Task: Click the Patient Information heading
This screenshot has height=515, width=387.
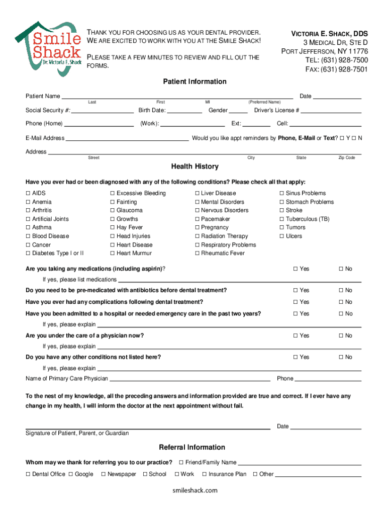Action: pos(195,81)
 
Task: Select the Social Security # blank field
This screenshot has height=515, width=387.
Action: pos(103,111)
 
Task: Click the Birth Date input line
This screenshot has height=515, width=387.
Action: pos(184,111)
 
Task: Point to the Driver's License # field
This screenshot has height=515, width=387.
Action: pos(331,111)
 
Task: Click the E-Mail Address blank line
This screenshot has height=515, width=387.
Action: pos(127,138)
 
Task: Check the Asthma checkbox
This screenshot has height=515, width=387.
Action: pos(28,227)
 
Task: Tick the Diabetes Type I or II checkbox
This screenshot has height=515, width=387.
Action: pos(28,253)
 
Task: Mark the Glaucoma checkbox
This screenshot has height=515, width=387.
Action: pos(113,210)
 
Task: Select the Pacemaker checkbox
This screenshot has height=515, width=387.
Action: pos(197,219)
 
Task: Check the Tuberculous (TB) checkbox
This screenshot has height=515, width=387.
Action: pos(282,219)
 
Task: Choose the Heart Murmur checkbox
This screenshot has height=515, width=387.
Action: pos(113,253)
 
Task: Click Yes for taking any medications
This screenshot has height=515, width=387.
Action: pos(296,269)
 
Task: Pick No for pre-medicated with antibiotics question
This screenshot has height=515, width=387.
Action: pos(340,290)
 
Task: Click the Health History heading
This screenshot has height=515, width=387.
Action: pos(195,166)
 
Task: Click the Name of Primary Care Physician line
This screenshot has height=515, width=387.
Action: pos(190,379)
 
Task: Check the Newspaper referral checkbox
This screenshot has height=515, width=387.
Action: pos(104,474)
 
